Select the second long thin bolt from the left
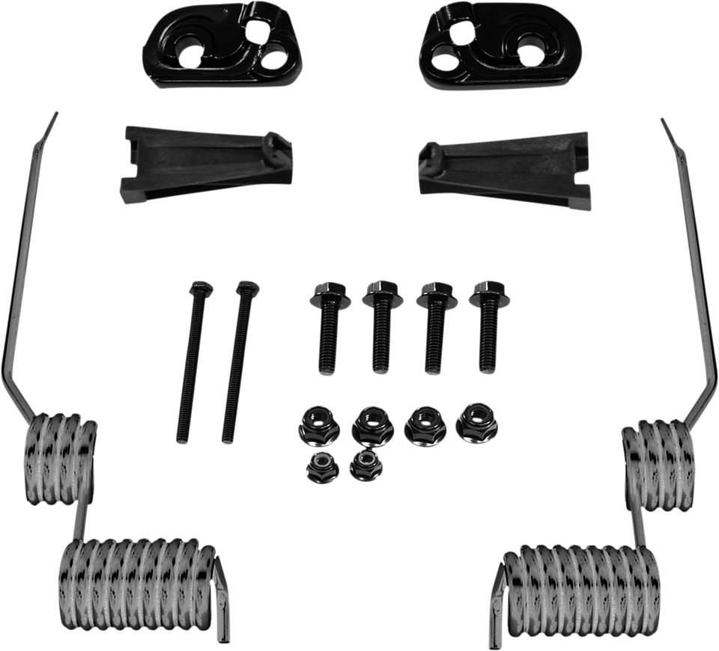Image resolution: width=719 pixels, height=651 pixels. pos(237,359)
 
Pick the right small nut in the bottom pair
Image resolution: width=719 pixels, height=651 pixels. pos(365,465)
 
